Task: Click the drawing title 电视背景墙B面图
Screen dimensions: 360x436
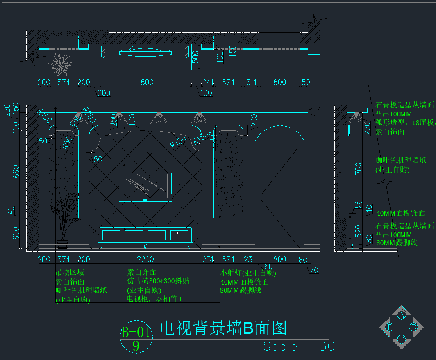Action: [x=223, y=328]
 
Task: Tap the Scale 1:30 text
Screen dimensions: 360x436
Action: [x=299, y=346]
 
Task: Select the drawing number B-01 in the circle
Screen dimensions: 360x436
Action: [x=136, y=332]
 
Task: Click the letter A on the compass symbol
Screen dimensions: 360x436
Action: [x=402, y=315]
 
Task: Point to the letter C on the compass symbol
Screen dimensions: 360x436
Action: [x=402, y=339]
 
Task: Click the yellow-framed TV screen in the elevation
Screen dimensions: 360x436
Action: [x=145, y=186]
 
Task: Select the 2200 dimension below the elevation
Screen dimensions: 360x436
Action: [x=145, y=260]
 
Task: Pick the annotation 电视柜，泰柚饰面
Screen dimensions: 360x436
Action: [x=156, y=299]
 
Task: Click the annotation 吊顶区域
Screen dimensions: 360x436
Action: [x=70, y=272]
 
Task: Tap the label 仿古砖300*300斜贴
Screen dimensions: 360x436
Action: [x=158, y=281]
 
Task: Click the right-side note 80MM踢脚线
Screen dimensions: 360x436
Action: [x=397, y=243]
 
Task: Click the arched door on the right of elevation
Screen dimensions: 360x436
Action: [x=279, y=189]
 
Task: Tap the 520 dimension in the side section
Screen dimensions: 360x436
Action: [x=359, y=231]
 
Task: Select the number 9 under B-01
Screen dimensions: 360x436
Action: [x=136, y=346]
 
